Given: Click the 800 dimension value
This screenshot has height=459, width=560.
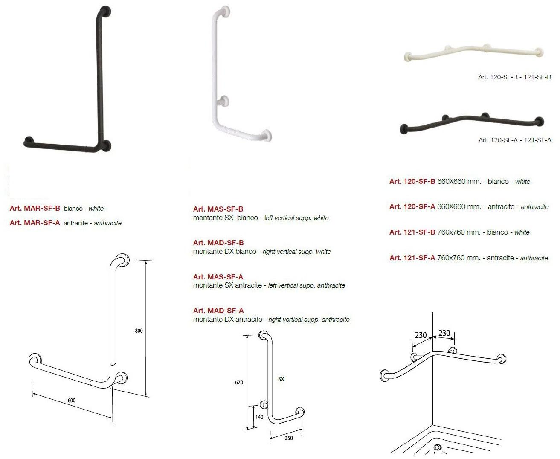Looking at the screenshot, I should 139,331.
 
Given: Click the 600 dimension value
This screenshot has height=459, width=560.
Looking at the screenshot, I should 72,400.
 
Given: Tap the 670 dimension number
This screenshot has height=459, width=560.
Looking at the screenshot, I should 239,382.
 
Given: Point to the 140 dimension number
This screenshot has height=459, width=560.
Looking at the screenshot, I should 259,417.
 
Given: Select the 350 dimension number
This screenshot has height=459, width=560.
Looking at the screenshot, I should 289,438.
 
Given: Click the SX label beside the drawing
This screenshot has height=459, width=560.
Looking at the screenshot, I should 281,379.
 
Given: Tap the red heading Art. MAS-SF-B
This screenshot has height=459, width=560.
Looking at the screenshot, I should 218,209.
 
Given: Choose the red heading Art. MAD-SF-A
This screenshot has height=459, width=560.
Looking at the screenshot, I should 218,311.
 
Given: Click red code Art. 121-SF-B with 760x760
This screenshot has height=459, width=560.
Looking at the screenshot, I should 412,232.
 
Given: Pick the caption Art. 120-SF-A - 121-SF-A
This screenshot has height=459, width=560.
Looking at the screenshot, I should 514,140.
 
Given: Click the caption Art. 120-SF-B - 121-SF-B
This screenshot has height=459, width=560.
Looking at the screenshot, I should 514,77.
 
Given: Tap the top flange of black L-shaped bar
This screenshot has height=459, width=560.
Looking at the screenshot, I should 105,11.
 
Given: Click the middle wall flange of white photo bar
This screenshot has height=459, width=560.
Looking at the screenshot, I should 223,101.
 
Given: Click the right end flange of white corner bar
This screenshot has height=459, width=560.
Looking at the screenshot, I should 540,52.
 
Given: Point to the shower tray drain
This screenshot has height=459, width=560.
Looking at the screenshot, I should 438,448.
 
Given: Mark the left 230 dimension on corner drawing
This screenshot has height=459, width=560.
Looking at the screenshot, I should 421,335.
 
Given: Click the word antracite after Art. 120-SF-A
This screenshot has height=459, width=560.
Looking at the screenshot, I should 501,206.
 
